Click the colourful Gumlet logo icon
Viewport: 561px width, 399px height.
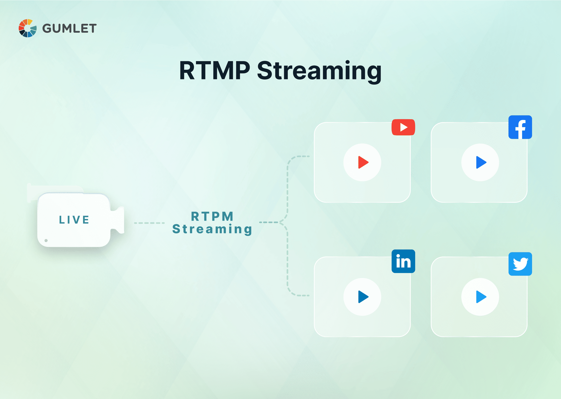click(x=27, y=28)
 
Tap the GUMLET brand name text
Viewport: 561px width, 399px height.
click(x=69, y=28)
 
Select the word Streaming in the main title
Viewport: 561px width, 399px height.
click(x=319, y=71)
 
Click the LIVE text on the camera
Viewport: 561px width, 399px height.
click(x=74, y=220)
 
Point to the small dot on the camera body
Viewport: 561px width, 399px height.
click(x=46, y=240)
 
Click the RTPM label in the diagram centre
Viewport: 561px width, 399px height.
click(x=212, y=216)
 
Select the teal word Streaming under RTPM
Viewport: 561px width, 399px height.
click(x=212, y=229)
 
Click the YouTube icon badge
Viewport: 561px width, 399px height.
click(x=403, y=127)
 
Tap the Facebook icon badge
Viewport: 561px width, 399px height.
click(x=520, y=127)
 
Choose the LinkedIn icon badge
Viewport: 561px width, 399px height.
click(x=403, y=261)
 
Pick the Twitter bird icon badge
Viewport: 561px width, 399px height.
click(x=520, y=264)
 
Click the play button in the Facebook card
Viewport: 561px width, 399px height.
click(x=480, y=162)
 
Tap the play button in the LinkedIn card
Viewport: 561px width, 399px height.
click(x=362, y=297)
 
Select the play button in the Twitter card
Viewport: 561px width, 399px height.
click(x=480, y=297)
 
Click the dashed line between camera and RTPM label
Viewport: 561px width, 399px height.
click(x=149, y=223)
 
